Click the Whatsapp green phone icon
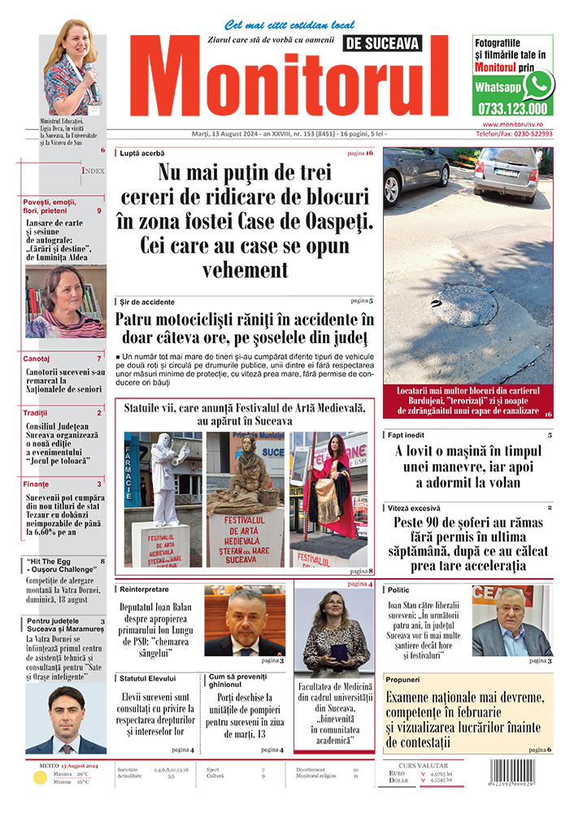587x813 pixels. pos(537,85)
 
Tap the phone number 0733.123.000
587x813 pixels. pos(513,108)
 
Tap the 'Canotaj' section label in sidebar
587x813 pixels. pos(37,358)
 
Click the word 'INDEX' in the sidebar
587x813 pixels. pos(93,171)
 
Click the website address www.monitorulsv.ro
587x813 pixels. pos(512,124)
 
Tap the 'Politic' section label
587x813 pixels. pos(398,589)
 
